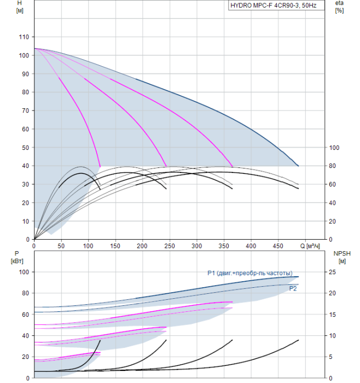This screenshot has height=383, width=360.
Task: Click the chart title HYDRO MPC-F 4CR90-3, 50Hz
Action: tap(274, 5)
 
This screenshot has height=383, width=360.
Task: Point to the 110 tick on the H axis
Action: tap(24, 37)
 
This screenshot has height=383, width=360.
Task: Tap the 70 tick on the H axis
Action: tap(25, 111)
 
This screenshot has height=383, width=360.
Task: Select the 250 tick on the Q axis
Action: tap(170, 246)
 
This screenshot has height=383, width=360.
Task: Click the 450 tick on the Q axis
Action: tap(278, 246)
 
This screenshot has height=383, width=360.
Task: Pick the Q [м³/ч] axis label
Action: tap(310, 246)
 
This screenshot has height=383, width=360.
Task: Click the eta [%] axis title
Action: tap(340, 7)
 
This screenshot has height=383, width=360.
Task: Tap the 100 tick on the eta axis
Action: tap(334, 148)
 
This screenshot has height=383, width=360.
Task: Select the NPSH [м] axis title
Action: tap(342, 257)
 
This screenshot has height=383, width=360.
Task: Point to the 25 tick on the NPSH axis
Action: tap(333, 272)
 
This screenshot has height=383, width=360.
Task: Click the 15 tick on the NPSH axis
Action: tap(333, 315)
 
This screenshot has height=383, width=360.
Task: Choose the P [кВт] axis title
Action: tap(17, 257)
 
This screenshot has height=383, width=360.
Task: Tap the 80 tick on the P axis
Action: tap(25, 293)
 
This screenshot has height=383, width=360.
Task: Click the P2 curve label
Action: tap(293, 289)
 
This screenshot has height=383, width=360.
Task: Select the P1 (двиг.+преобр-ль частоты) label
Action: tap(250, 273)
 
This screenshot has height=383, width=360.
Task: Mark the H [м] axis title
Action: tap(20, 7)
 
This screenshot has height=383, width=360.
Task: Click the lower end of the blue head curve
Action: tap(298, 166)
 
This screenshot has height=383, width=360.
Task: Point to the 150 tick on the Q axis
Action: tap(115, 246)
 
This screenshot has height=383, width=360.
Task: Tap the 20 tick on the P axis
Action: tap(25, 357)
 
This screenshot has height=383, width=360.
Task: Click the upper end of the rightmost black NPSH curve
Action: tap(298, 340)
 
